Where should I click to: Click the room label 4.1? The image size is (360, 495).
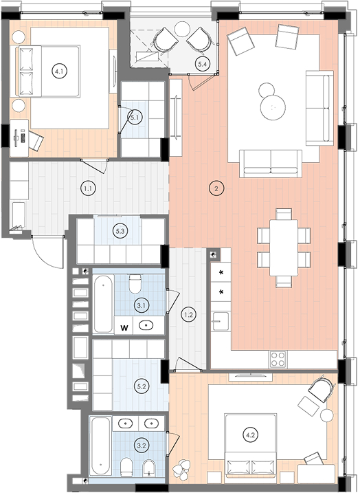point(59,71)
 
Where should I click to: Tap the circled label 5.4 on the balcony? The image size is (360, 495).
point(202,65)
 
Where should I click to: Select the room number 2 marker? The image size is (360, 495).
point(216,189)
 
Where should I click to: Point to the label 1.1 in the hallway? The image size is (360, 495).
point(88,188)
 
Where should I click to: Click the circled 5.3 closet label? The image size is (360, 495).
point(120,231)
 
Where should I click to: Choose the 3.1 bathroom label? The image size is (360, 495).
point(142,305)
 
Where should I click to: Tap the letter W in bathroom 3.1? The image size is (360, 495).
point(124,328)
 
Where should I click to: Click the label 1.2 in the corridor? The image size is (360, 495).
point(189,314)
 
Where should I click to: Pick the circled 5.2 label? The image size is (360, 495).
point(142,386)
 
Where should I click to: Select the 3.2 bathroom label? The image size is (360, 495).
point(142,445)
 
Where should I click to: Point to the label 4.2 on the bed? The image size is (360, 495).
point(250,435)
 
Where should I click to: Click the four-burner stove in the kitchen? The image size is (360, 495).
point(278,360)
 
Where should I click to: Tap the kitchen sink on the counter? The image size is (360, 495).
point(221,321)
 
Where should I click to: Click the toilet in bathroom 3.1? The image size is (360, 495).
point(135,283)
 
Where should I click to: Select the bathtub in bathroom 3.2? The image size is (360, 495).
point(100,445)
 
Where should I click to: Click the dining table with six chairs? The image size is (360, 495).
point(284,247)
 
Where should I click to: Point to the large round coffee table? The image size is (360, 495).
point(273,107)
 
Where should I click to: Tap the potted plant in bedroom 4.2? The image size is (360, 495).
point(182,468)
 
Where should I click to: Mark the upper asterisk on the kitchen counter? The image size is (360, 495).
point(221,272)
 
